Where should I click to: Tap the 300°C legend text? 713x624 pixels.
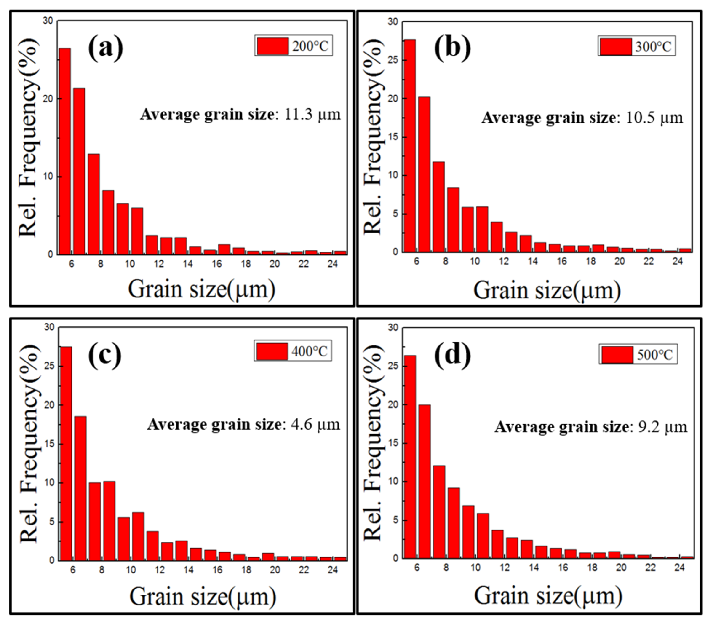click(653, 47)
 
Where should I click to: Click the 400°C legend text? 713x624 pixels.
click(309, 351)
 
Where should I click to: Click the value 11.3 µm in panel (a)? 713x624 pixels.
click(312, 115)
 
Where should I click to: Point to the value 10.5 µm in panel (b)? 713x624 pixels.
click(654, 118)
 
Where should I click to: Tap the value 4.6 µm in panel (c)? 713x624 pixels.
click(315, 424)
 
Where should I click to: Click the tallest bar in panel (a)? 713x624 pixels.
click(65, 151)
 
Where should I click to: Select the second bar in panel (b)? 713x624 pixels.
click(424, 174)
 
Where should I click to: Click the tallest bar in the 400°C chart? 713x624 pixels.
click(66, 453)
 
